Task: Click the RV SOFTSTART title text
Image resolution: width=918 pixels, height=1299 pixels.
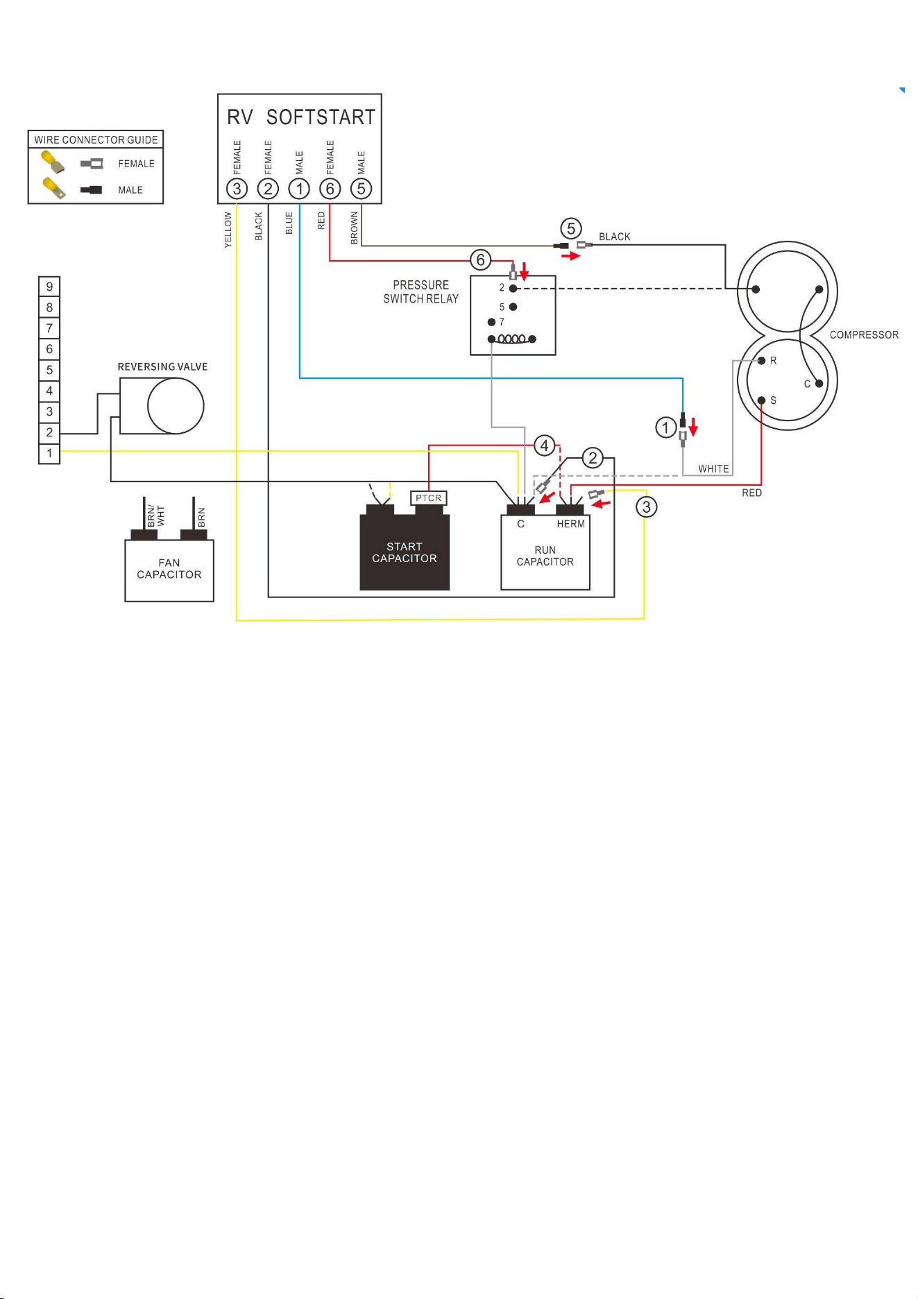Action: click(x=301, y=117)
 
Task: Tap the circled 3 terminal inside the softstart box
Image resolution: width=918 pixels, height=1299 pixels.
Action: click(x=237, y=189)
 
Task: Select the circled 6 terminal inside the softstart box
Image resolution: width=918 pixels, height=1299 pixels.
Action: click(x=330, y=189)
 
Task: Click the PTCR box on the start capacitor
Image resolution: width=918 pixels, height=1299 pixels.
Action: click(x=429, y=498)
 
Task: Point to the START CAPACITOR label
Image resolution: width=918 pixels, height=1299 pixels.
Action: click(x=405, y=552)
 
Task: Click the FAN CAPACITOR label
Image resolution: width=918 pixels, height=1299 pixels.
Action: click(x=169, y=569)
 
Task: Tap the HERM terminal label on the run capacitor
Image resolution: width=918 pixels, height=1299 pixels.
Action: click(x=571, y=524)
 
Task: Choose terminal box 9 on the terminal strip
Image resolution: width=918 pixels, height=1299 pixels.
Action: click(x=49, y=287)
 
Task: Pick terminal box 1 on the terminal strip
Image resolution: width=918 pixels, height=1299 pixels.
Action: click(x=49, y=453)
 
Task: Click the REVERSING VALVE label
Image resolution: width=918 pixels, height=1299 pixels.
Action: click(x=162, y=367)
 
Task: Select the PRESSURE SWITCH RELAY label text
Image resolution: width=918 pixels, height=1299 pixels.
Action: click(x=421, y=292)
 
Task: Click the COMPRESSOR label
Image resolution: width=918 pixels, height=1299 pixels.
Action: click(x=864, y=335)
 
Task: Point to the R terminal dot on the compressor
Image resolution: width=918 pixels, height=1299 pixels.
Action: click(x=762, y=361)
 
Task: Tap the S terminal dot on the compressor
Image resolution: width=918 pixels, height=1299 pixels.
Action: click(x=762, y=400)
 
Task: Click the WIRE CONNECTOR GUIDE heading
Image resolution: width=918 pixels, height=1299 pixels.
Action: click(x=96, y=139)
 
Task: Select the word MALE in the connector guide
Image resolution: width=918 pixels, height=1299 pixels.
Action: click(x=130, y=190)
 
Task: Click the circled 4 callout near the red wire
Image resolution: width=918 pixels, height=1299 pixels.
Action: click(x=545, y=445)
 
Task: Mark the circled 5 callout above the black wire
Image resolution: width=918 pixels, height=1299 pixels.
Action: click(x=571, y=228)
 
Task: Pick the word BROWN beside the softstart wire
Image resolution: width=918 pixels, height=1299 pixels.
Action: click(x=355, y=228)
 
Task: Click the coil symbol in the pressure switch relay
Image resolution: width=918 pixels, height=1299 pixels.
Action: click(x=512, y=339)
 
